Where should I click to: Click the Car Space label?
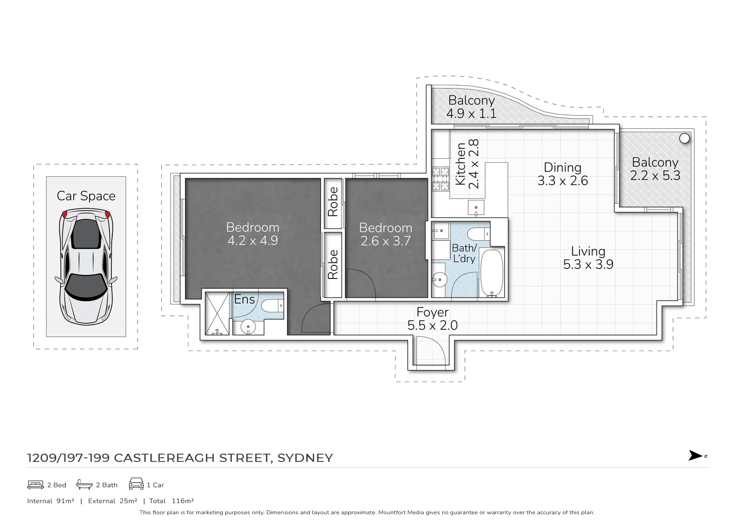(86, 196)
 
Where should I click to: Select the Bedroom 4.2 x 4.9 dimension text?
(252, 241)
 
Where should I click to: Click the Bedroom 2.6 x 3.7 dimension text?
(385, 241)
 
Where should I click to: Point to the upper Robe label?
(333, 201)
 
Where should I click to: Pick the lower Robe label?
(333, 264)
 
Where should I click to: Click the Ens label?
(244, 300)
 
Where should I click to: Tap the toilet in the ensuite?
(273, 306)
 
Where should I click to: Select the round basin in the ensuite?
(248, 327)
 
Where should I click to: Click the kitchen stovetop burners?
(441, 179)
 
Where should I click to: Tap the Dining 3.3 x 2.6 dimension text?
(562, 181)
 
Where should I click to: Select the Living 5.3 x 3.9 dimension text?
(588, 264)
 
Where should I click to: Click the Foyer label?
(432, 312)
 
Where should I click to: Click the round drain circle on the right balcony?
(684, 138)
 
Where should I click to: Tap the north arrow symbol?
(696, 456)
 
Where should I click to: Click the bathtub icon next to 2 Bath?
(84, 484)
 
